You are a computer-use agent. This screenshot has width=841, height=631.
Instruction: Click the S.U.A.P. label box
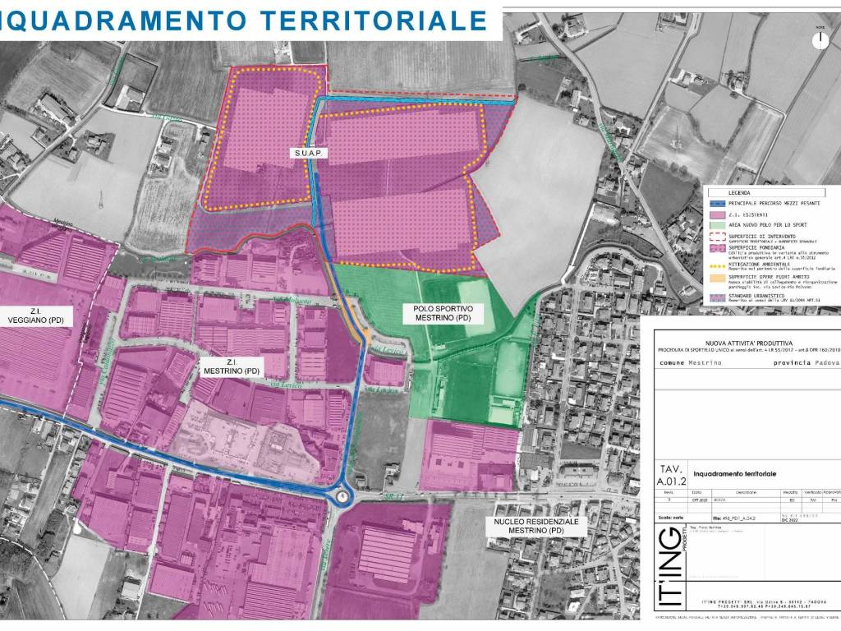(x=309, y=153)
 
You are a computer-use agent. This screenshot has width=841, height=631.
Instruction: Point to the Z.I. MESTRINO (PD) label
(x=230, y=366)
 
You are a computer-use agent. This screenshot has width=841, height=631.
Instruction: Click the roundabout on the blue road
(x=342, y=495)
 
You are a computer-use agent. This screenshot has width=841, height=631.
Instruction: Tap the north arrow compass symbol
(x=819, y=39)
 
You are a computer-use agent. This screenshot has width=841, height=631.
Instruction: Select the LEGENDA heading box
(x=728, y=192)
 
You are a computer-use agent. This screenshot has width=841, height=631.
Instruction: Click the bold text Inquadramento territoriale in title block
(x=734, y=474)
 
